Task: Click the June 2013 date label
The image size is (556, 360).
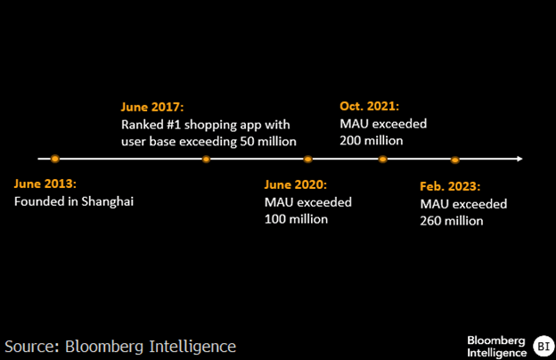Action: coord(45,184)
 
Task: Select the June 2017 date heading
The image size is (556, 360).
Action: coord(152,107)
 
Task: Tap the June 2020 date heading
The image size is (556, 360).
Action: coord(296,184)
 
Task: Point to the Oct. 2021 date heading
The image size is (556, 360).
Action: coord(369,106)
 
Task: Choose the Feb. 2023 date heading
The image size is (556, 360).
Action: coord(450,186)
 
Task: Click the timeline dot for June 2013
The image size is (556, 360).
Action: coord(54,159)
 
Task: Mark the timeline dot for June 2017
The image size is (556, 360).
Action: coord(206,160)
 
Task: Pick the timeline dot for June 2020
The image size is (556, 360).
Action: coord(307,160)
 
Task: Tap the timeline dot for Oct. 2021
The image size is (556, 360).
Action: coord(382,160)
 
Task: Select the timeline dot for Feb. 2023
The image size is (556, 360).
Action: coord(455,160)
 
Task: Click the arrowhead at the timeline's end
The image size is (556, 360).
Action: coord(519,159)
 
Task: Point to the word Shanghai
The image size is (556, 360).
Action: coord(108,201)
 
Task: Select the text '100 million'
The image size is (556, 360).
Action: coord(296,219)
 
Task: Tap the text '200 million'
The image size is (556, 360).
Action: coord(372,141)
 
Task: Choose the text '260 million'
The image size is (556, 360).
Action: coord(452,221)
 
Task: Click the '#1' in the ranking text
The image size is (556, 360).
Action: coord(174,125)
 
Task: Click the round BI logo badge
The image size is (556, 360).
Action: coord(544,346)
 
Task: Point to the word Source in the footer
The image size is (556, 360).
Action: coord(31,347)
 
